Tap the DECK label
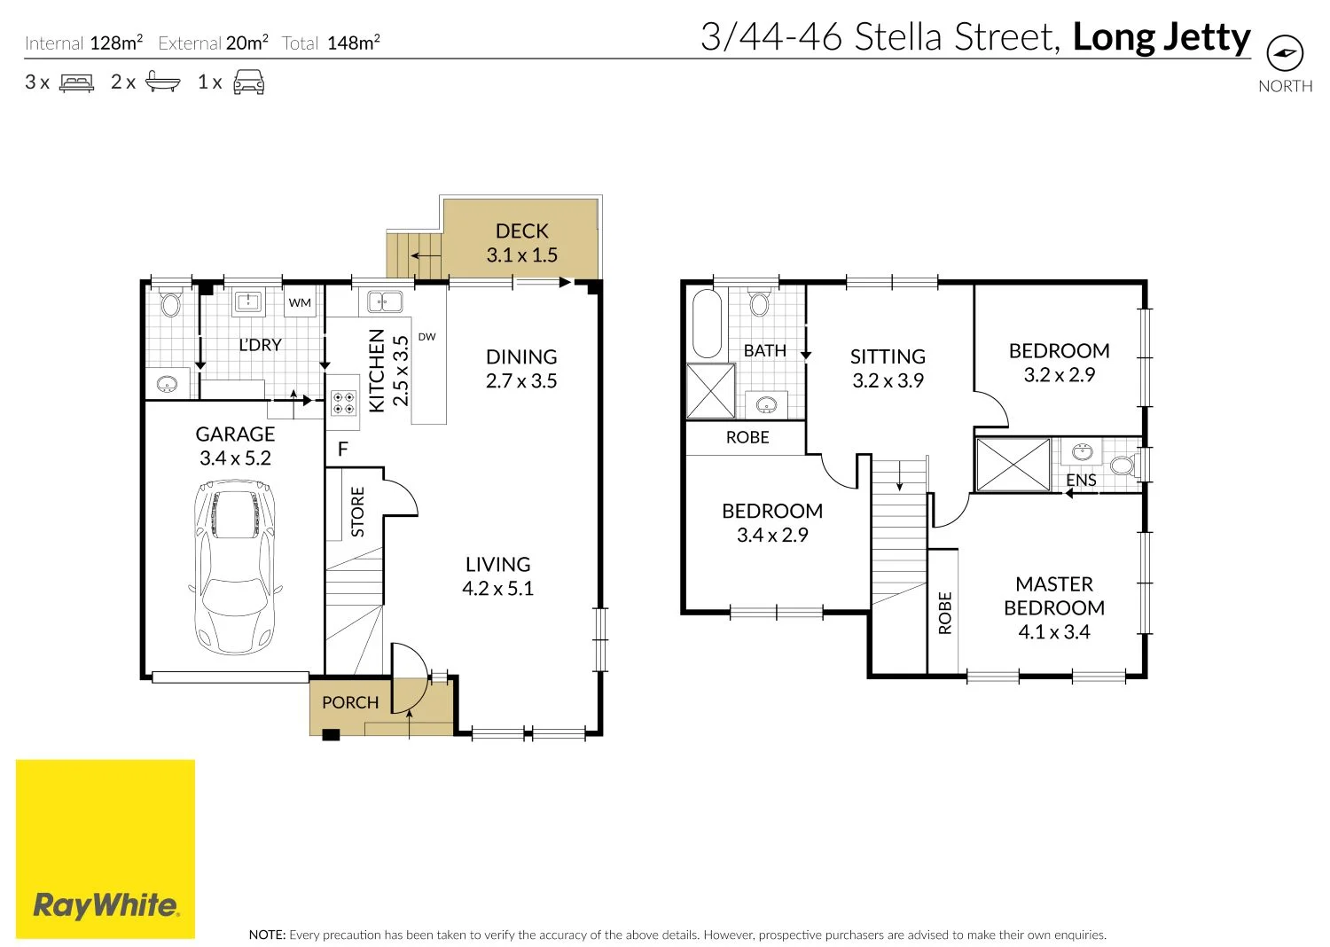tap(521, 231)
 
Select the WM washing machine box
tap(300, 302)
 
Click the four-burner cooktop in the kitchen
tap(344, 403)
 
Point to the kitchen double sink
tap(385, 302)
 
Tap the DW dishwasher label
tap(426, 337)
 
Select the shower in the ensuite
tap(1013, 464)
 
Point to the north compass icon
tap(1285, 54)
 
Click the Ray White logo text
tap(106, 905)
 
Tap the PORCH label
tap(350, 703)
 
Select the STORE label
tap(357, 512)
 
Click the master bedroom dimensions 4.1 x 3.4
tap(1053, 632)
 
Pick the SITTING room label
tap(888, 356)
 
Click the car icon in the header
tap(248, 82)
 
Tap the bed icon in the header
tap(76, 83)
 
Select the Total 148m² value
tap(353, 43)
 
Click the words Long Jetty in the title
tap(1161, 37)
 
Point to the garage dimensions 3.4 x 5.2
tap(235, 458)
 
